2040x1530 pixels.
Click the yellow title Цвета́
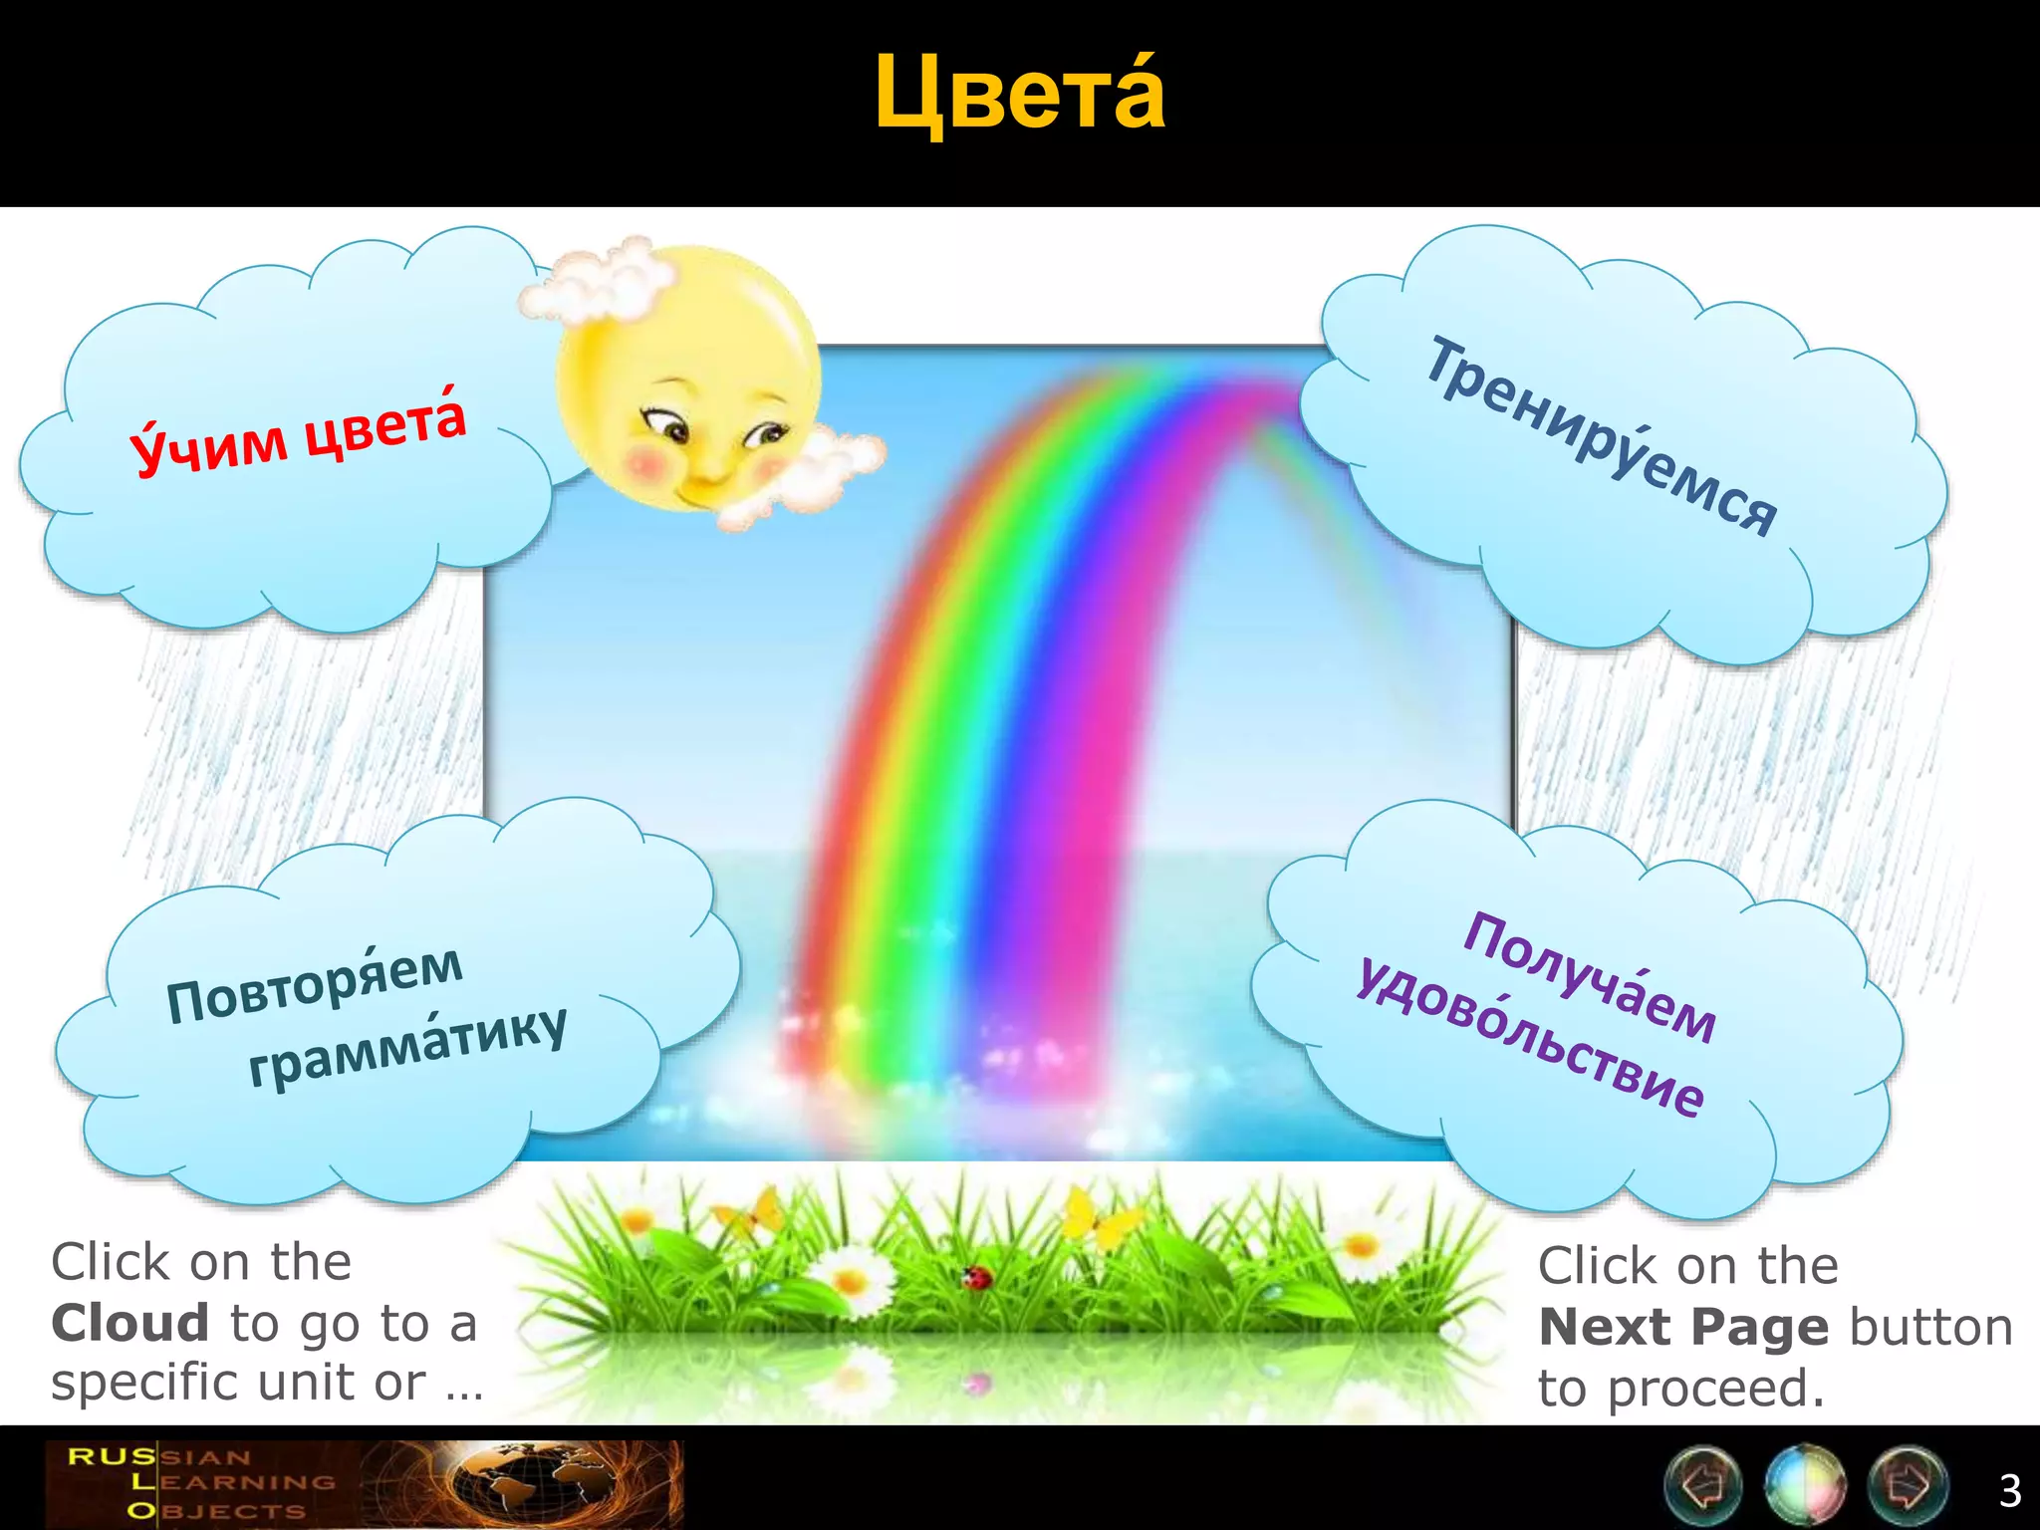(x=1019, y=95)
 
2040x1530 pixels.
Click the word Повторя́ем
(x=315, y=983)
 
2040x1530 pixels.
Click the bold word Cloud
(x=130, y=1324)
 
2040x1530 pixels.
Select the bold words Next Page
(x=1683, y=1327)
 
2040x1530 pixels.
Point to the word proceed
(x=1715, y=1389)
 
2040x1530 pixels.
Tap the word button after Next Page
(x=1930, y=1327)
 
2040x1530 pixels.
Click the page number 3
(x=2010, y=1491)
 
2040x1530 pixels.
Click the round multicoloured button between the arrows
(x=1804, y=1485)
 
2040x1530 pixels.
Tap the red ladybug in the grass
(x=975, y=1276)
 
